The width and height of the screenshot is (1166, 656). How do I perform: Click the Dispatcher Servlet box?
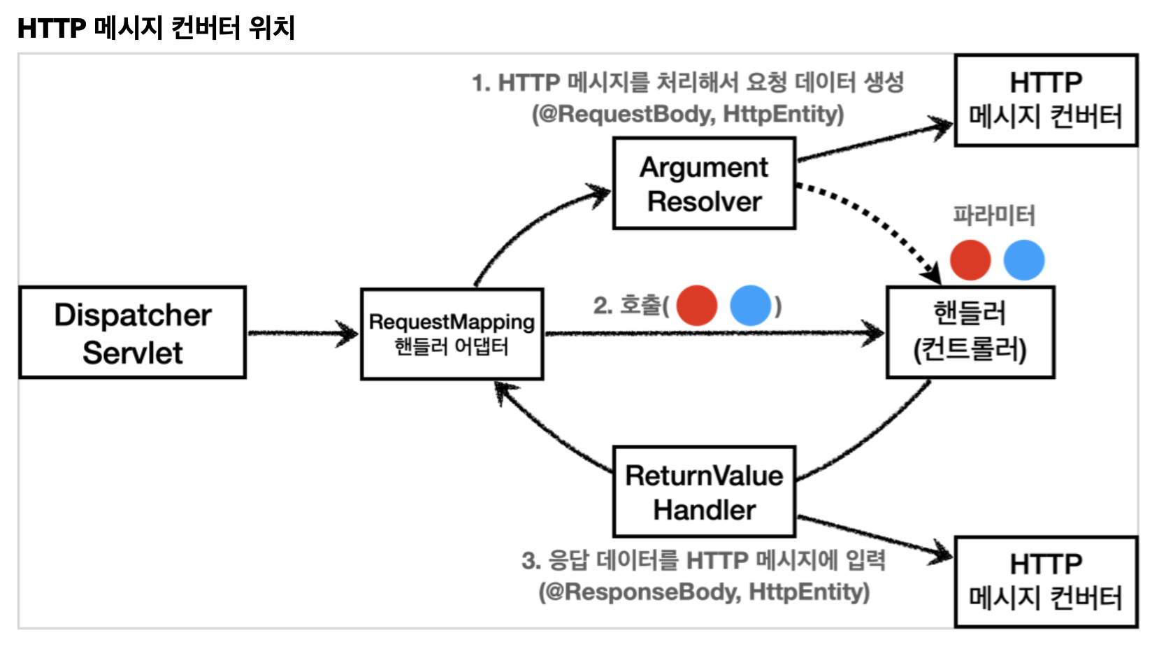click(133, 332)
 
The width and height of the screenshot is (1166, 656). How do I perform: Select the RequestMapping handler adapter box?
click(452, 334)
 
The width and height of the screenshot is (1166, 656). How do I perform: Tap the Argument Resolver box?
click(705, 183)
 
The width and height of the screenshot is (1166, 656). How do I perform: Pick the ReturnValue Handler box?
click(705, 492)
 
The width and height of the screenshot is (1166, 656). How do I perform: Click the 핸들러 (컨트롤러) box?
click(971, 332)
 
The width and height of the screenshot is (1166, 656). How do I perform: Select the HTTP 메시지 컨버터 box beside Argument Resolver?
click(1046, 100)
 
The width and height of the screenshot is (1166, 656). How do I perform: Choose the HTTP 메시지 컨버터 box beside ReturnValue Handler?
click(1046, 582)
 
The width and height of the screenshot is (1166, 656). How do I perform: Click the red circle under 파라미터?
click(970, 260)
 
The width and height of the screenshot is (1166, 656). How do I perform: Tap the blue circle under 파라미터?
click(1024, 260)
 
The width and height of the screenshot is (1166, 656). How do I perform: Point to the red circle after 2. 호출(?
click(696, 306)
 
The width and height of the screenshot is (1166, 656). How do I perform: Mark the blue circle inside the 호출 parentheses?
click(751, 306)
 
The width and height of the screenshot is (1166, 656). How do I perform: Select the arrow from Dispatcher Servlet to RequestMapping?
click(303, 333)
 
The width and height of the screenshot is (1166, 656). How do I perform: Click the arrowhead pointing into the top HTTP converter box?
click(940, 127)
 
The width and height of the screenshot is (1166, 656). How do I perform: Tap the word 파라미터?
click(994, 215)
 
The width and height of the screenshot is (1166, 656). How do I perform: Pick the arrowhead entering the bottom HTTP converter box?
click(940, 553)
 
